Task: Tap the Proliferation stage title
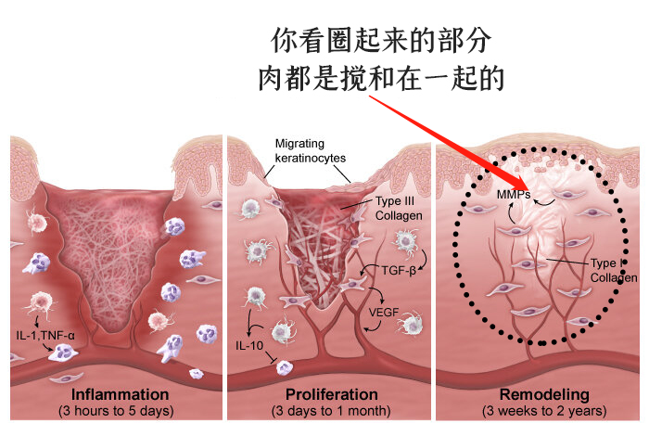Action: tap(331, 393)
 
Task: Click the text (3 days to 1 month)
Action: tap(331, 409)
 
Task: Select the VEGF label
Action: tap(385, 312)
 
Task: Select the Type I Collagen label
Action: tap(612, 269)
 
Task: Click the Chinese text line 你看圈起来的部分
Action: tap(379, 41)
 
